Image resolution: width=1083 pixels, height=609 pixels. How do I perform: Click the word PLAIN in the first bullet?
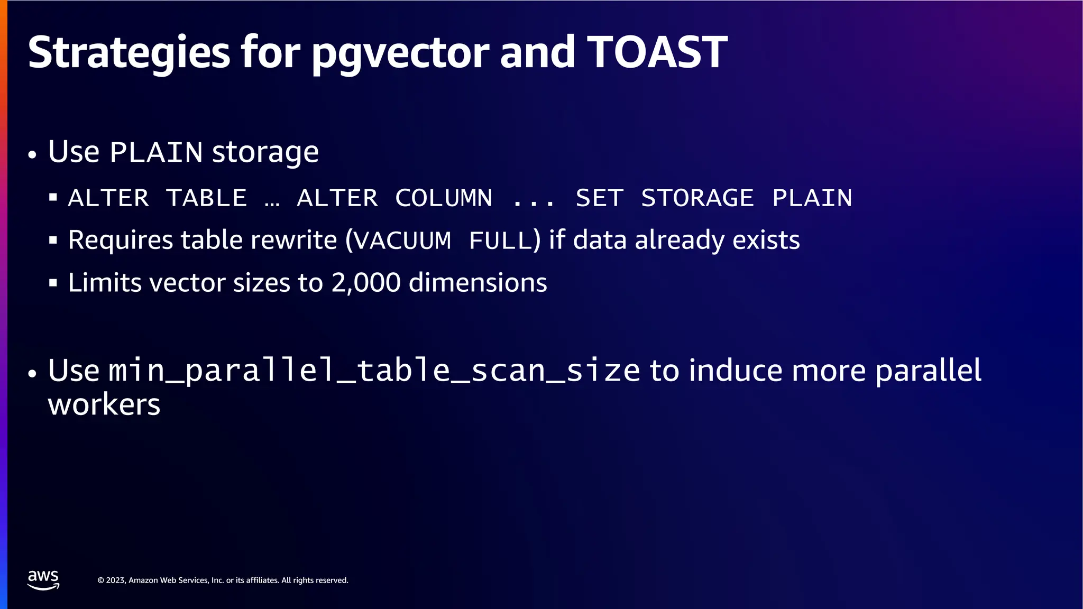point(156,153)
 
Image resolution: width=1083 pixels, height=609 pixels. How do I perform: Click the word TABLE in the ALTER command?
point(206,198)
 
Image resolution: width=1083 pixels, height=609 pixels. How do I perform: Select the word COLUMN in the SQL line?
point(444,198)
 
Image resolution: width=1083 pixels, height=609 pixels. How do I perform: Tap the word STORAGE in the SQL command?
point(697,198)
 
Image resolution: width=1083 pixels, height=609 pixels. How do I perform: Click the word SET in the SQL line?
point(599,198)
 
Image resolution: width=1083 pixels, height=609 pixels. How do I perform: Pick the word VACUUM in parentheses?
point(402,241)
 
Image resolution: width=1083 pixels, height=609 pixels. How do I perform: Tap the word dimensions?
point(478,283)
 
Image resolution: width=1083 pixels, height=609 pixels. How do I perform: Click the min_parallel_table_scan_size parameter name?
point(374,371)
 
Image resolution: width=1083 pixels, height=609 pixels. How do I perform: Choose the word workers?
point(104,405)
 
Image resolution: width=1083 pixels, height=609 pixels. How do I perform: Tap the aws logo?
point(43,579)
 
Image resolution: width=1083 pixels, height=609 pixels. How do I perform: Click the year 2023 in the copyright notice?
point(115,580)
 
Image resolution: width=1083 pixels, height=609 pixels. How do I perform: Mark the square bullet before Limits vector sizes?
point(53,283)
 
